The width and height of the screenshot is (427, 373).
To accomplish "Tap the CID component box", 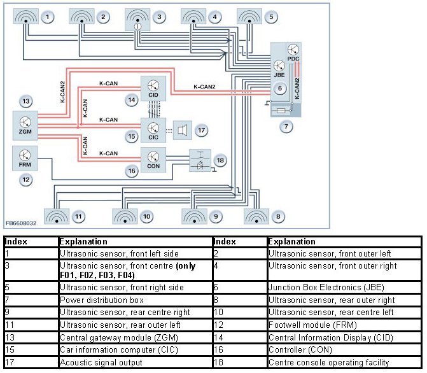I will (x=153, y=89).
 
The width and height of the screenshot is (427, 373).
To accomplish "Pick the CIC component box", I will (x=153, y=128).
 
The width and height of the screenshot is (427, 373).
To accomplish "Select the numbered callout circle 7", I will (x=288, y=127).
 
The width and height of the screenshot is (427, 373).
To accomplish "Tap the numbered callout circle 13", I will (x=25, y=101).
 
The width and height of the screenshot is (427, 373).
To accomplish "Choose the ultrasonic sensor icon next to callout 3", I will (x=139, y=20).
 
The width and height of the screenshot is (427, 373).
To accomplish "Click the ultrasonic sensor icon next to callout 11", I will (x=57, y=216).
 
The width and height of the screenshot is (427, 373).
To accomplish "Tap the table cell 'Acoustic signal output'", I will (x=93, y=363).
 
